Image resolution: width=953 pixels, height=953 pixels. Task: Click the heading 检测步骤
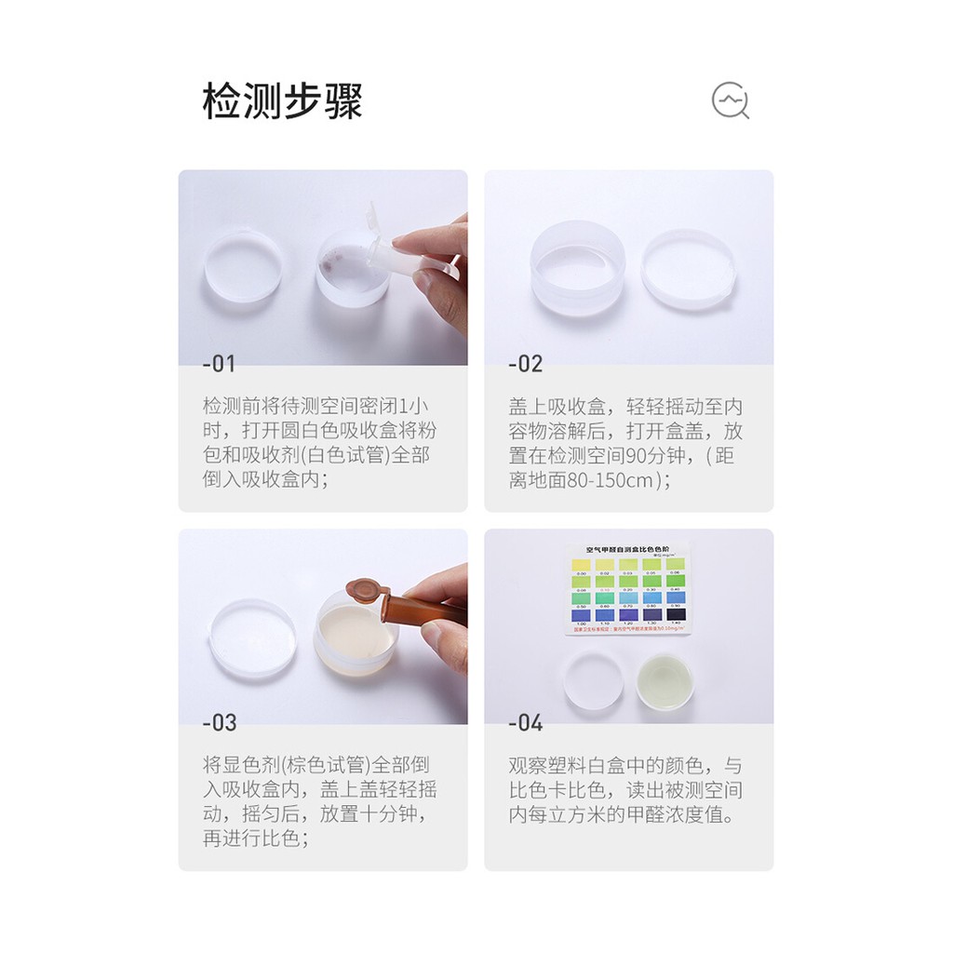(x=282, y=101)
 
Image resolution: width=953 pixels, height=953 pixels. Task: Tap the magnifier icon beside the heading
(x=731, y=101)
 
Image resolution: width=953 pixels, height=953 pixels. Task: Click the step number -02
(x=525, y=363)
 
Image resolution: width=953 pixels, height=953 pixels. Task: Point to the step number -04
(x=525, y=722)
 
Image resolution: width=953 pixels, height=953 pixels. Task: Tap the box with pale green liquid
(x=665, y=681)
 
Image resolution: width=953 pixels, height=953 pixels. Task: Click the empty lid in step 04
(x=593, y=680)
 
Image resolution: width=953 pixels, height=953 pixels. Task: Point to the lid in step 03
(x=252, y=639)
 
